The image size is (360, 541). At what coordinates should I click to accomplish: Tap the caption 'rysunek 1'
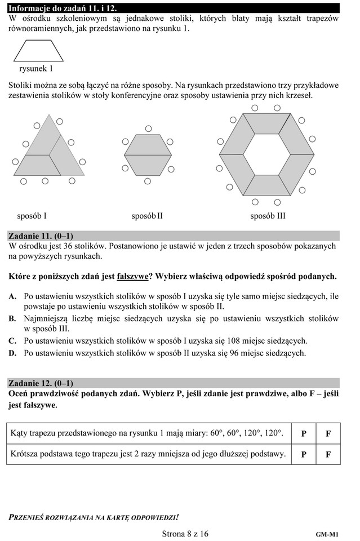36,69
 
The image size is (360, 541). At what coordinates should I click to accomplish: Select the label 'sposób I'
32,216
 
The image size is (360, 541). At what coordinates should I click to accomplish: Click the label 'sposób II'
147,216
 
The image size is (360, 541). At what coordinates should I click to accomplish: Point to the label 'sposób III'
268,216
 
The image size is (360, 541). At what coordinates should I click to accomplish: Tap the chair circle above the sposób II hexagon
148,128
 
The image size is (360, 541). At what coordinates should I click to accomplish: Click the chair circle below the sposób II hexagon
148,181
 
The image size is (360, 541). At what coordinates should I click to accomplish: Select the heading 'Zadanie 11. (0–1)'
41,236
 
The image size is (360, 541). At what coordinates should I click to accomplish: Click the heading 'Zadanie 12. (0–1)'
41,383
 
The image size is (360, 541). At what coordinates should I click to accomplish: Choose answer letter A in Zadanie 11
12,296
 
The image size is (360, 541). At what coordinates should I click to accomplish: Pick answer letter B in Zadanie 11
12,319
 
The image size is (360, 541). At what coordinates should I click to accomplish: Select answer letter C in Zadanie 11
12,341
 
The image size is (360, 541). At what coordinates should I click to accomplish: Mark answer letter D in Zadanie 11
12,353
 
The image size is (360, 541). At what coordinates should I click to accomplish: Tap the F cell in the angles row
328,434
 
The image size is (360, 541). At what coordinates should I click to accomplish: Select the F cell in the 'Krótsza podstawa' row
328,454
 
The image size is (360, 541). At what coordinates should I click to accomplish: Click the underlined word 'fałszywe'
132,277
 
